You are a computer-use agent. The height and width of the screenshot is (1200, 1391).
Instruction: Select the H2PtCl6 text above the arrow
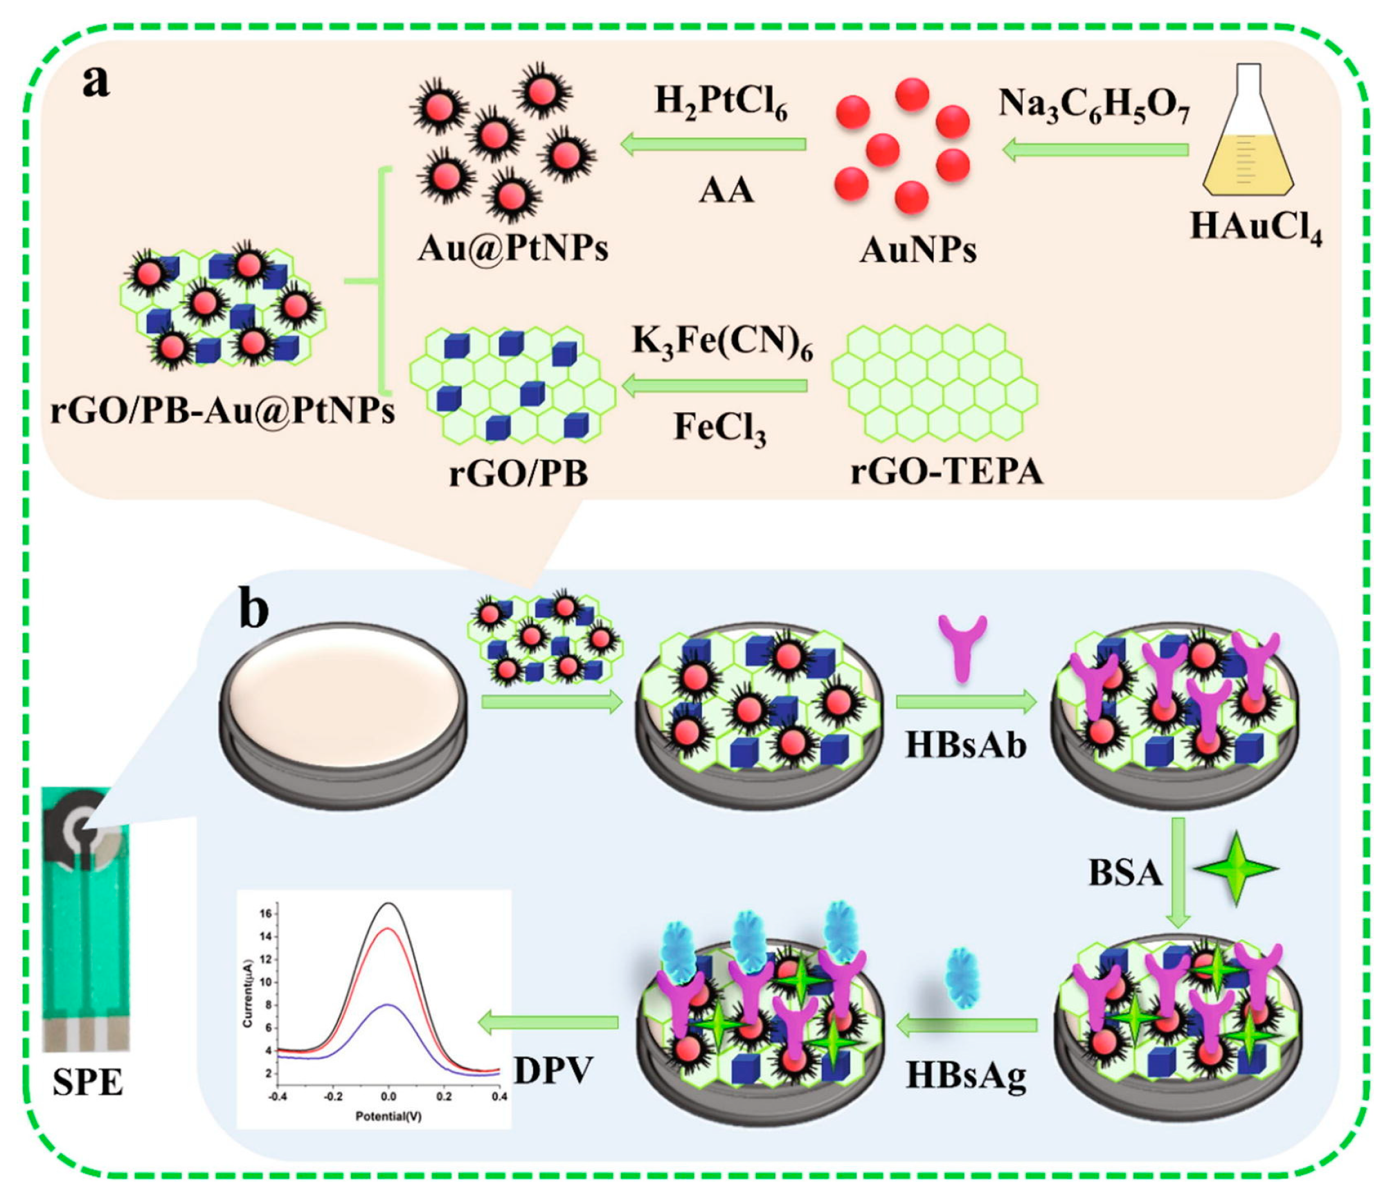pos(721,103)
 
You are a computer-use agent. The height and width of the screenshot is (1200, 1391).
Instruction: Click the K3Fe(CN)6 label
pos(722,342)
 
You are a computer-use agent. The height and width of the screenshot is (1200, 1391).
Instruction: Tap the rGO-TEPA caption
pos(946,472)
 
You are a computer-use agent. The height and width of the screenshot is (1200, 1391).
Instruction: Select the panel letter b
pos(253,609)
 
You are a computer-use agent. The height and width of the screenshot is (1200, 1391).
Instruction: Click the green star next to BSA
pos(1237,869)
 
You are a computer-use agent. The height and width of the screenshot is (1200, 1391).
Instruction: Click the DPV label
pos(553,1071)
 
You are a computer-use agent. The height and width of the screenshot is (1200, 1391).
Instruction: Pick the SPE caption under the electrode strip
pos(87,1082)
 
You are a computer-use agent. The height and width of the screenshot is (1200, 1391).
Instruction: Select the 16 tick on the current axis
pos(266,913)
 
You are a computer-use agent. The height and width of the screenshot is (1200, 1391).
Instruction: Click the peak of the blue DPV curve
pos(388,1005)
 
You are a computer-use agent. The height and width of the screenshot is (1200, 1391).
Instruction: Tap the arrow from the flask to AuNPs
pos(1095,150)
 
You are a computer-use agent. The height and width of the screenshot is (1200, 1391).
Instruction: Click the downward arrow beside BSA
pos(1178,872)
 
